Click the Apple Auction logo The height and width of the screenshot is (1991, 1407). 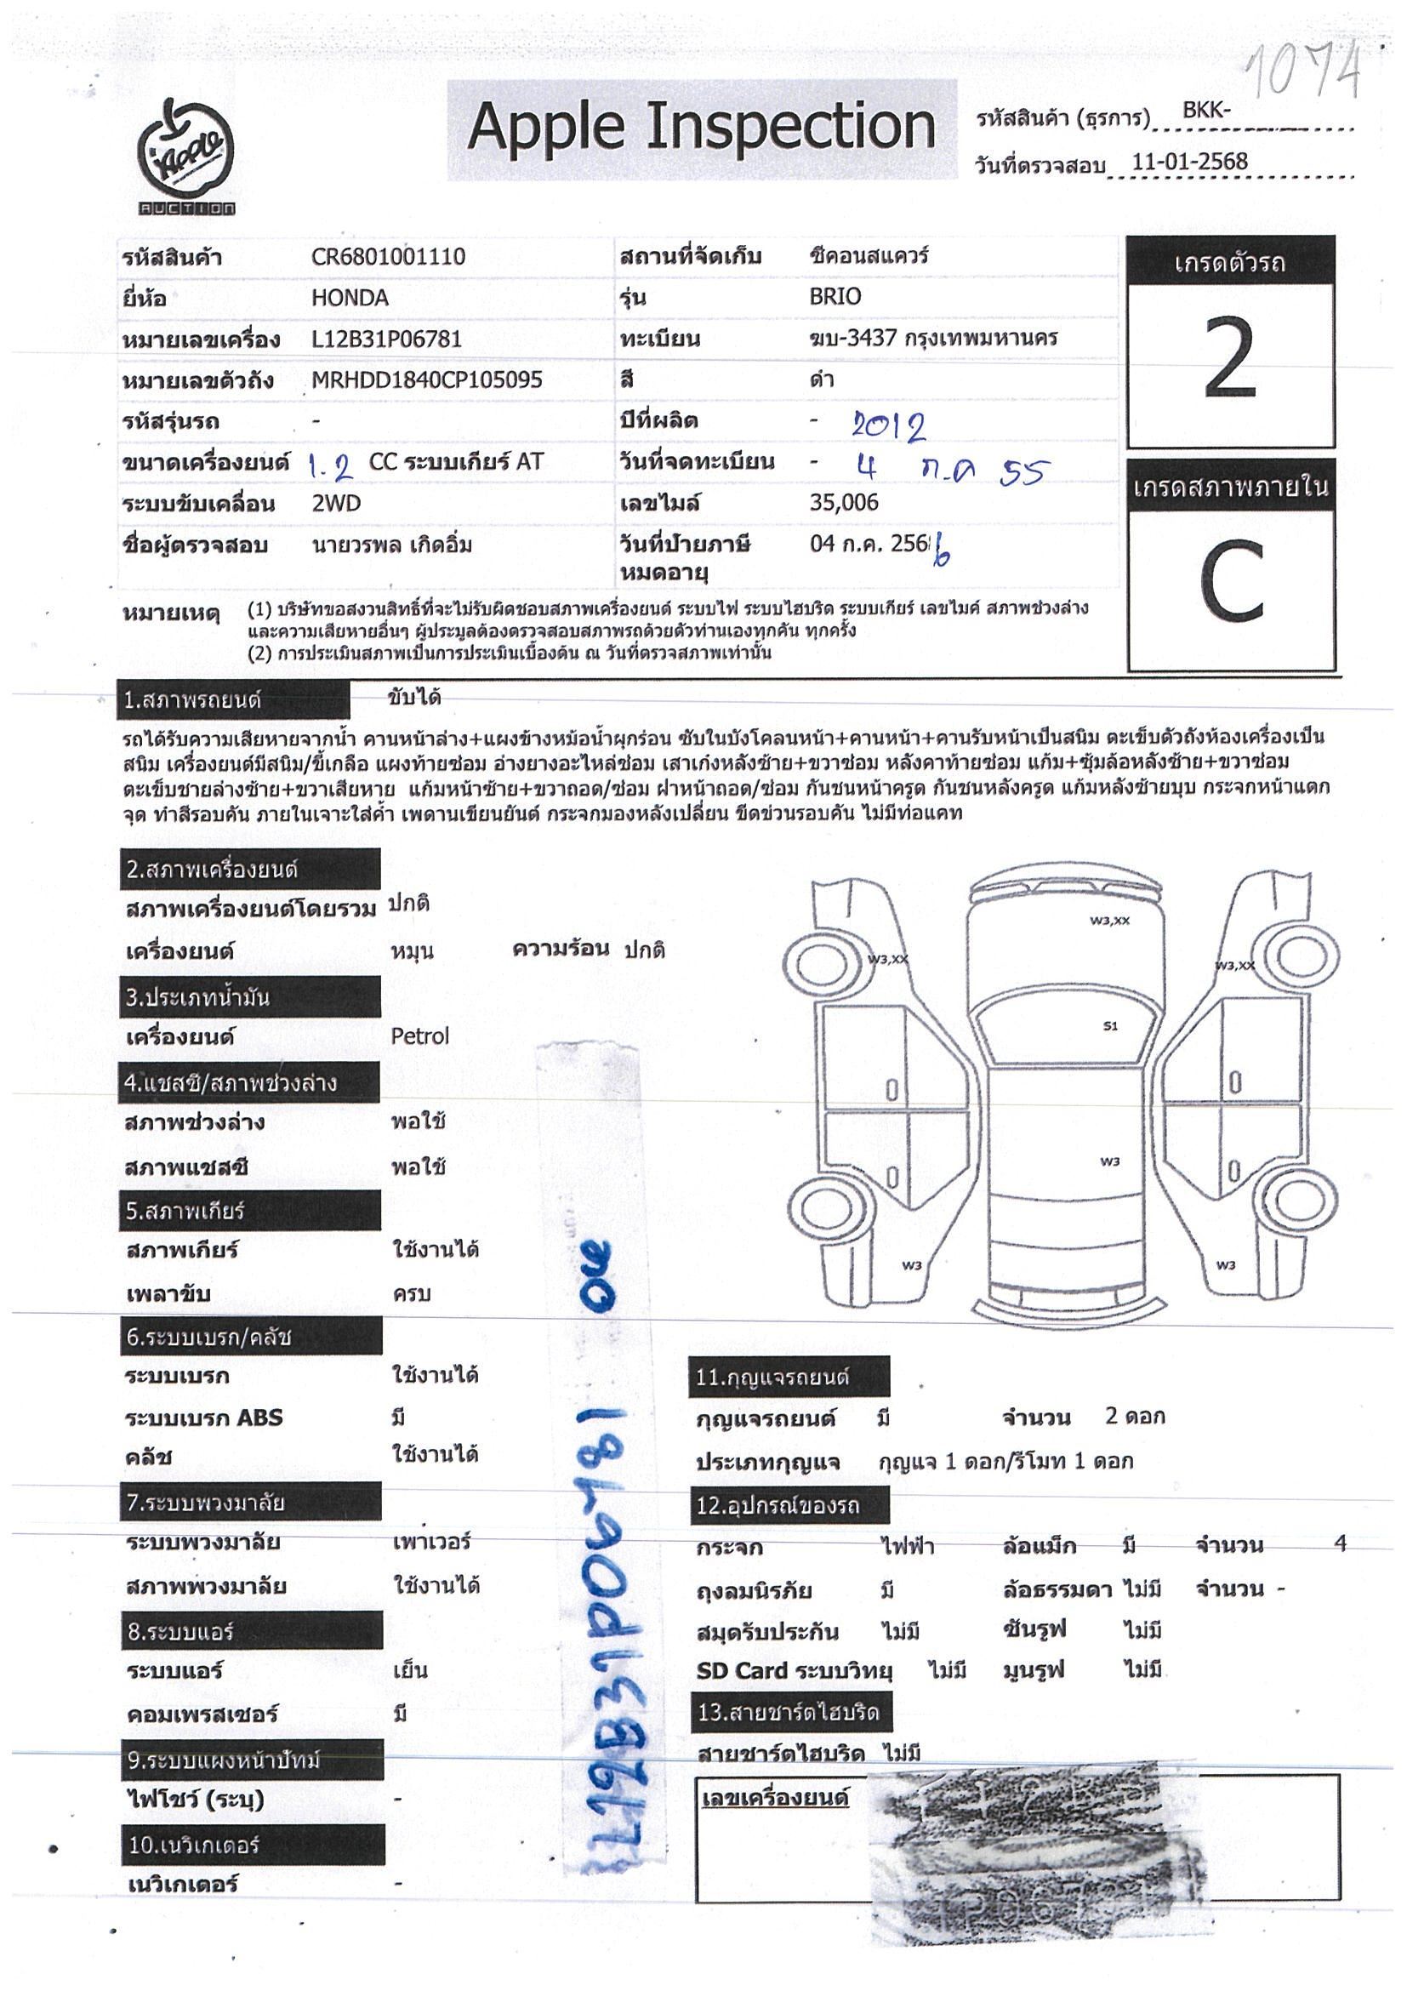[x=188, y=157]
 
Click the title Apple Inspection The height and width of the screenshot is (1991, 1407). [x=701, y=128]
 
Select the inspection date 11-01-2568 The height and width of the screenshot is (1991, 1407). [x=1189, y=162]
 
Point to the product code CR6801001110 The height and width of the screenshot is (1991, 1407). [x=389, y=257]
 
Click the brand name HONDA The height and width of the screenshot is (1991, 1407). [x=350, y=299]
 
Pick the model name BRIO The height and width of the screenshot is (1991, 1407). [x=835, y=298]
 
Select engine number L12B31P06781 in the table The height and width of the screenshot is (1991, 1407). [x=387, y=339]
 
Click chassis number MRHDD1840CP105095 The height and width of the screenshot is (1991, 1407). [x=426, y=379]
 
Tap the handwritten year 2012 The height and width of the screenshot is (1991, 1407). [x=888, y=425]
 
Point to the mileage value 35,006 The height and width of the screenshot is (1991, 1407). [x=844, y=503]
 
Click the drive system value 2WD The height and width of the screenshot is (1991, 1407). [x=336, y=504]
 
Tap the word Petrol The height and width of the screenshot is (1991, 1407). [x=419, y=1036]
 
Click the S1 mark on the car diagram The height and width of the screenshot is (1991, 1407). [x=1110, y=1026]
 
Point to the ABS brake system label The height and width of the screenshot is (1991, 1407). [x=205, y=1418]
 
